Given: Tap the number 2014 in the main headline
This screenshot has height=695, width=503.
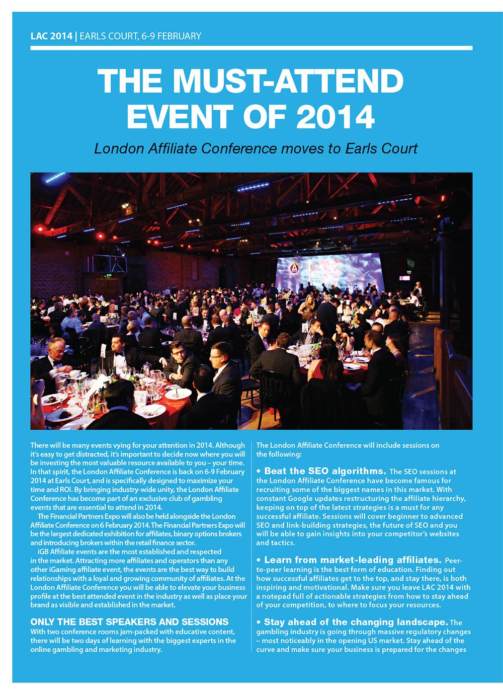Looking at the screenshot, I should tap(336, 116).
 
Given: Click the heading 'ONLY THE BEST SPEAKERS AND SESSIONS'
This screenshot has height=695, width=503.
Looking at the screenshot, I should tap(129, 622).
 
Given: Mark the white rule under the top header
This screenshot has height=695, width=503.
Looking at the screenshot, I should tap(251, 48).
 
